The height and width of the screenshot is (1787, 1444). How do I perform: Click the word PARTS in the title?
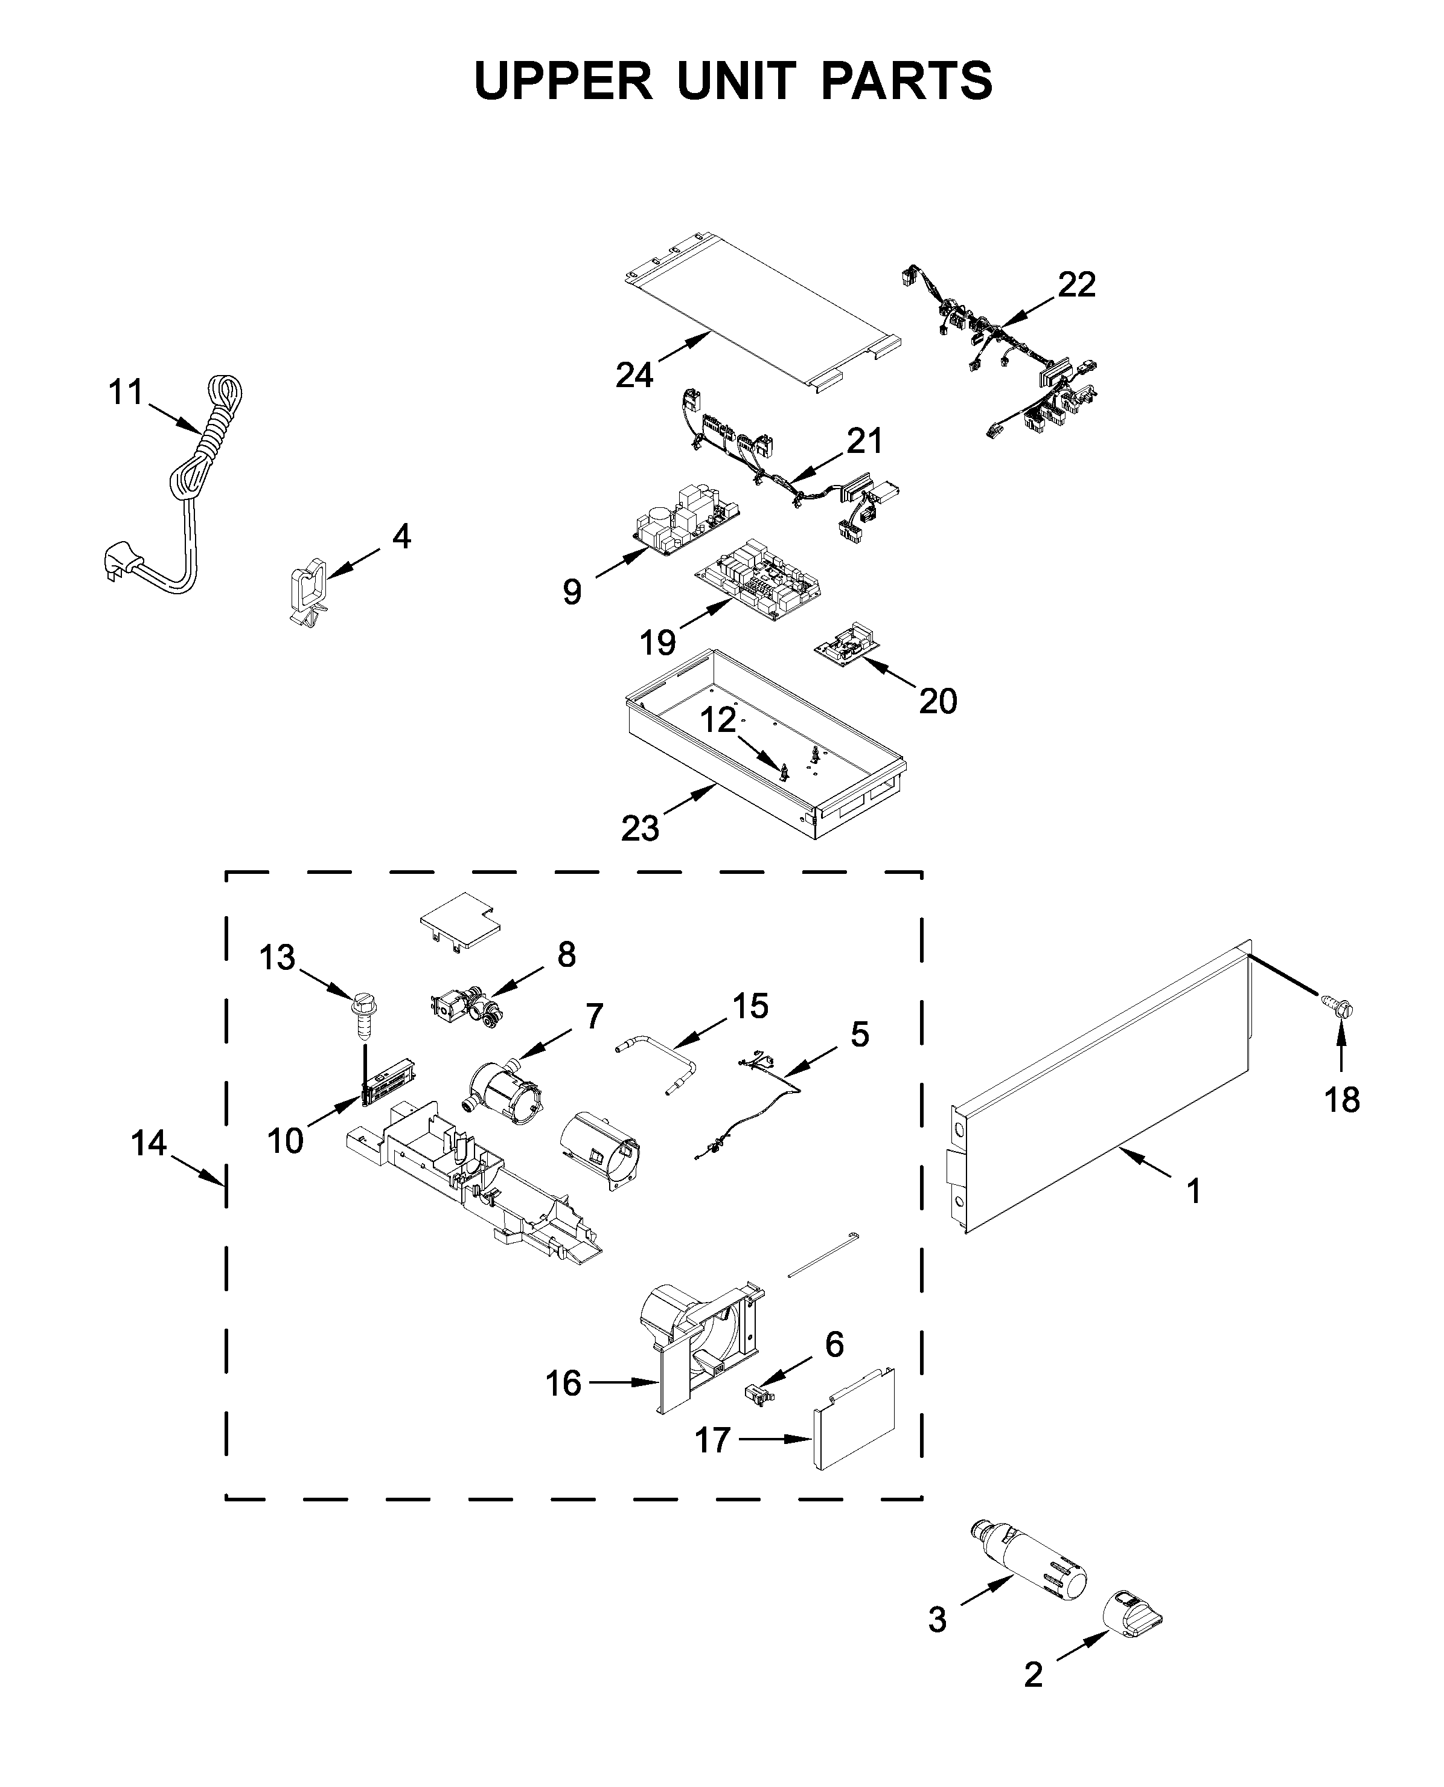click(x=906, y=81)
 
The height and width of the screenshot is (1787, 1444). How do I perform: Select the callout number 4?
click(x=401, y=537)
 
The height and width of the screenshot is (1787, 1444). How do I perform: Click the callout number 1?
click(x=1193, y=1192)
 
